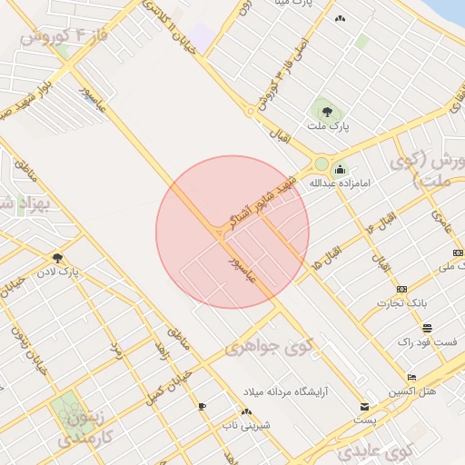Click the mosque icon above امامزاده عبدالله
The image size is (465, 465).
tap(341, 169)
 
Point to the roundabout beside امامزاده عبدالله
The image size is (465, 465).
tap(321, 164)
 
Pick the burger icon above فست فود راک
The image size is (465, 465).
tap(427, 328)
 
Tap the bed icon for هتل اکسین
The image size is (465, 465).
tap(411, 376)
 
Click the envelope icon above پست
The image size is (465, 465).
tap(365, 406)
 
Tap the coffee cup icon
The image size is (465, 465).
tap(202, 407)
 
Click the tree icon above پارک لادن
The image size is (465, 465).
tap(58, 258)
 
